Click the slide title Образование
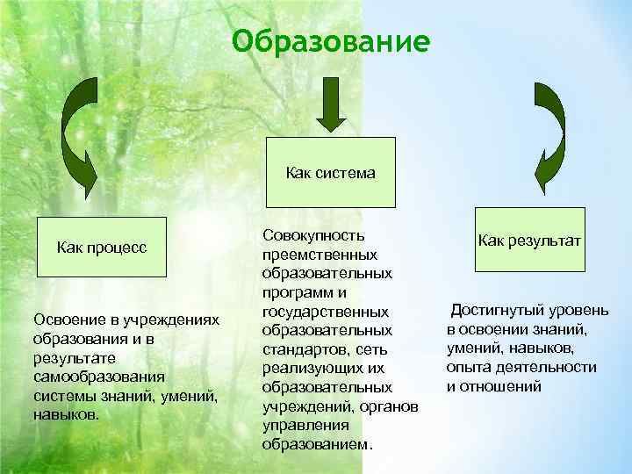tap(332, 41)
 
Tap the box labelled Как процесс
tap(101, 247)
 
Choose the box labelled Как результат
tap(529, 239)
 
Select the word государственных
tap(325, 312)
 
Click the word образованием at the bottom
tap(315, 444)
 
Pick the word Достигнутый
tap(497, 311)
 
